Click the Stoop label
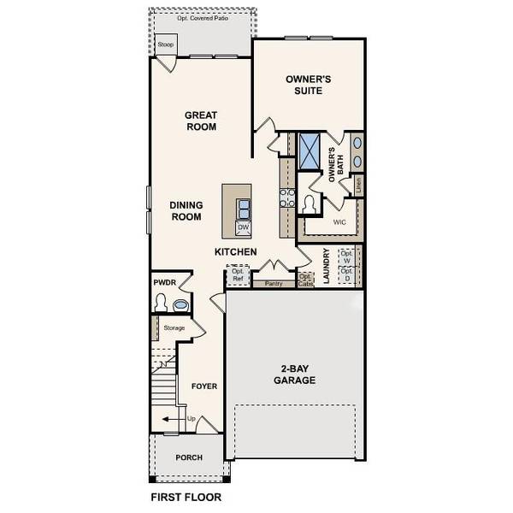[x=166, y=44]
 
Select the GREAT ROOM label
[x=201, y=121]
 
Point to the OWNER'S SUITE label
[x=309, y=85]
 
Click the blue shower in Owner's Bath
[x=308, y=149]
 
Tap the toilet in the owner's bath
[x=310, y=204]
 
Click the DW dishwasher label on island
[x=243, y=227]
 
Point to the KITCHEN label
[x=235, y=252]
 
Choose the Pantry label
[x=274, y=283]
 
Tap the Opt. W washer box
[x=347, y=256]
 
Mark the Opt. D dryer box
[x=347, y=274]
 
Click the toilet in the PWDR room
[x=160, y=302]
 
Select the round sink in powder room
[x=180, y=304]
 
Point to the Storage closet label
[x=174, y=328]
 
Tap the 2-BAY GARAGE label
[x=295, y=374]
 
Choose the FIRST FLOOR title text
[x=186, y=497]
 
